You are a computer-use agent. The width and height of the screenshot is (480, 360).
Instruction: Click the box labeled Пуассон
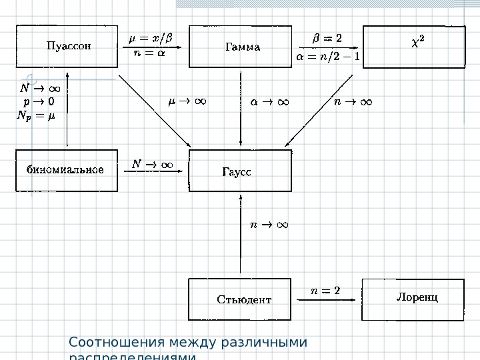tap(67, 47)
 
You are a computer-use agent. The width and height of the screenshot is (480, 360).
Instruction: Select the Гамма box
tap(240, 47)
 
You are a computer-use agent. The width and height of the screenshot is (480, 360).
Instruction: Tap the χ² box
tap(413, 47)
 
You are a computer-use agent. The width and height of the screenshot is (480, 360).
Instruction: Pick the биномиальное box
tap(66, 170)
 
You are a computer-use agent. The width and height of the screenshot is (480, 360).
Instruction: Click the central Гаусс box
tap(240, 171)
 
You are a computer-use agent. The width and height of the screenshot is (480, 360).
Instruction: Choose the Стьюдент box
tap(241, 299)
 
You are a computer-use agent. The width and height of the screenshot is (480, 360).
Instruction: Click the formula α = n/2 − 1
tap(327, 56)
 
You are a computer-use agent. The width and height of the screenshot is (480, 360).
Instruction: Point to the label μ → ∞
tap(187, 102)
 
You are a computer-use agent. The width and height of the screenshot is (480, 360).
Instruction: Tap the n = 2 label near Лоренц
tap(326, 290)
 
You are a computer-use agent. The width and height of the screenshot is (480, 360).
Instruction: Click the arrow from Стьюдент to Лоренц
tap(327, 301)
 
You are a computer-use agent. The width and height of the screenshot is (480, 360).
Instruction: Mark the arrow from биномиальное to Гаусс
tap(153, 171)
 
